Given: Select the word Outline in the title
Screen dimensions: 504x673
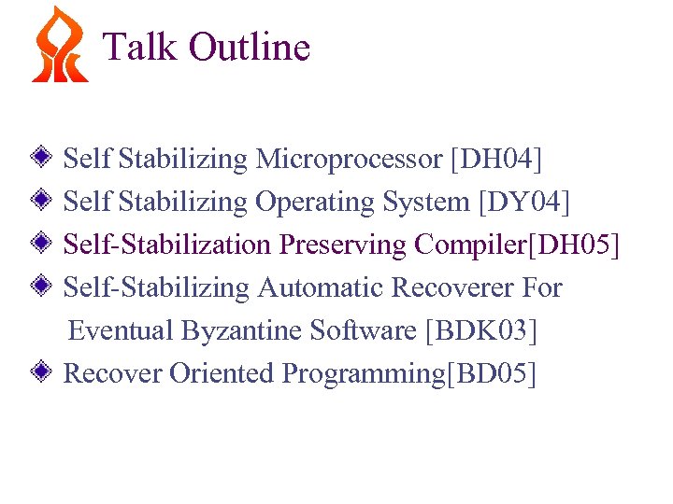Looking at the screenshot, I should coord(249,46).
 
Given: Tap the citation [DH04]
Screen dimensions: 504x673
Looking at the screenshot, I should coord(496,160).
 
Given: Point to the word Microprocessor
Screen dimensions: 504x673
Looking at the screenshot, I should coord(349,160).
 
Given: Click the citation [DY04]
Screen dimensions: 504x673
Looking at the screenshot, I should coord(523,202).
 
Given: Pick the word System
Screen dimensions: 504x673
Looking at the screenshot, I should coord(426,202).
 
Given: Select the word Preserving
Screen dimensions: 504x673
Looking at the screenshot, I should coord(343,245).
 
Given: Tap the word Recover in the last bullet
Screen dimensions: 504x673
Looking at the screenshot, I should coord(113,373).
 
